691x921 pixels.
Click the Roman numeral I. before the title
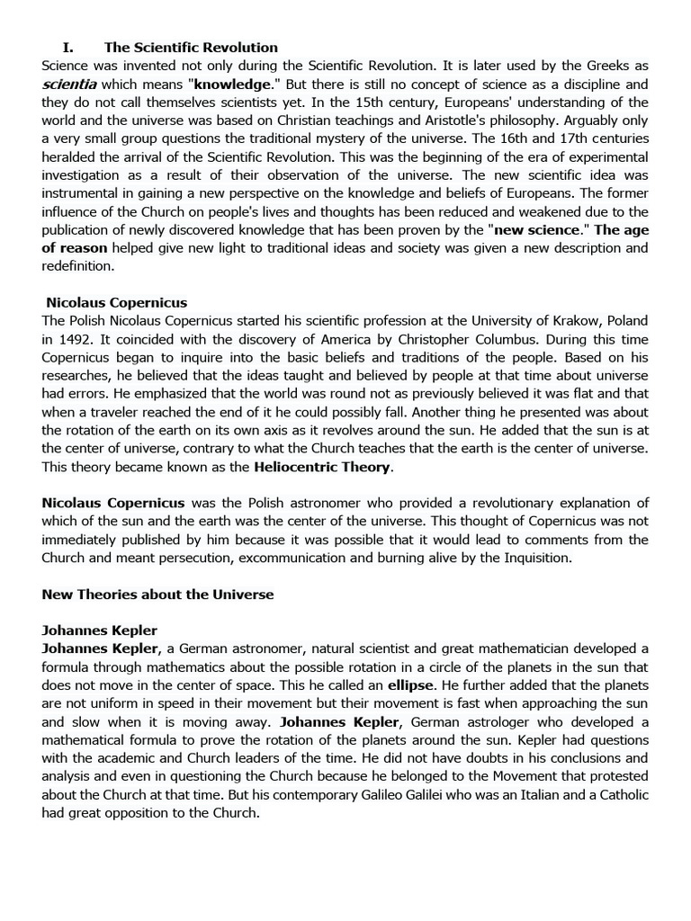pyautogui.click(x=67, y=48)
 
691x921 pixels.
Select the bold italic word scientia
pyautogui.click(x=69, y=84)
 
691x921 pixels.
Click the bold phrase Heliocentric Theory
pyautogui.click(x=323, y=467)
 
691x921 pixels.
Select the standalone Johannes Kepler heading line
pyautogui.click(x=100, y=630)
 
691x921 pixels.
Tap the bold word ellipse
pyautogui.click(x=411, y=685)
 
